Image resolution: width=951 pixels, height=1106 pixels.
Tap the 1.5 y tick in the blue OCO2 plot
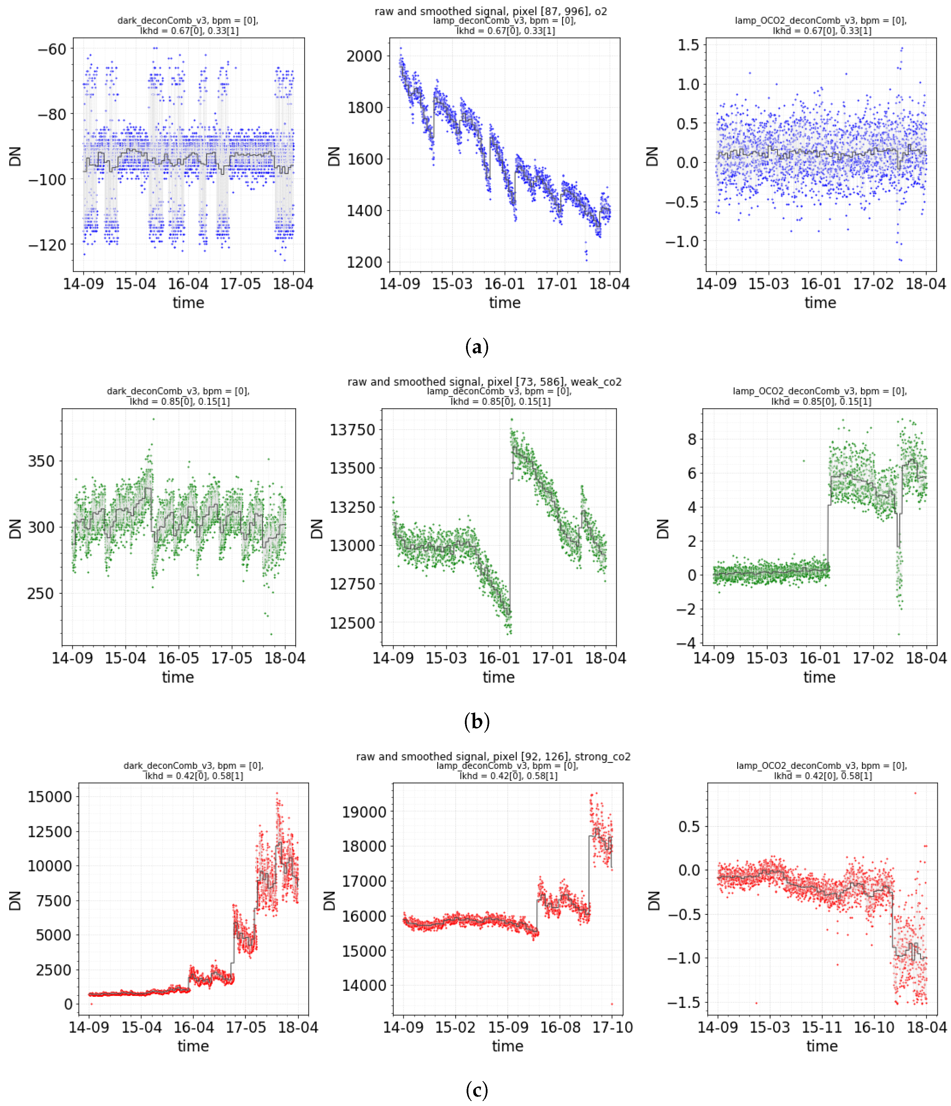click(688, 45)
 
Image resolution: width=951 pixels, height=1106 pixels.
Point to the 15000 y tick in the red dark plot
click(50, 797)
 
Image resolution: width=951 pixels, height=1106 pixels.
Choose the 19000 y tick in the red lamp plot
click(364, 812)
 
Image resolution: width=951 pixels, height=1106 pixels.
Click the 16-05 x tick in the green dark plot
click(178, 658)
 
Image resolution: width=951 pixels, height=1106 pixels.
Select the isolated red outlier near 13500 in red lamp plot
click(612, 1004)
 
